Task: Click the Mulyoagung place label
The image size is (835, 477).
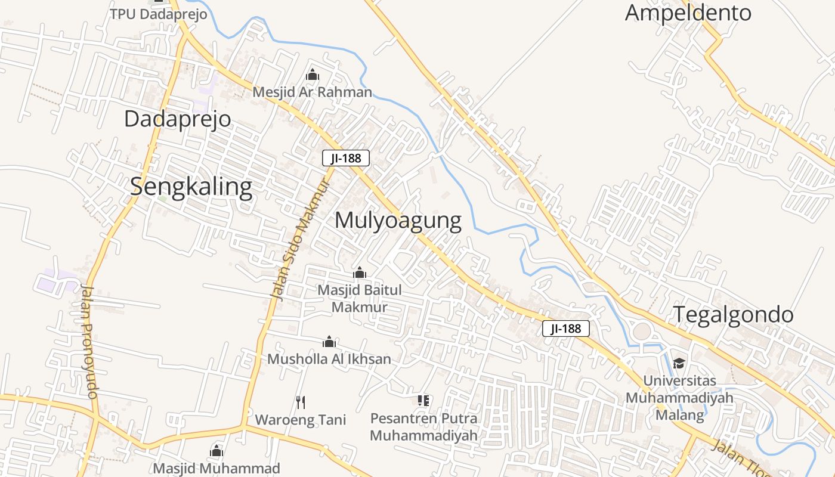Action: click(398, 221)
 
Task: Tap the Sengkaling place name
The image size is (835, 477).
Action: click(191, 187)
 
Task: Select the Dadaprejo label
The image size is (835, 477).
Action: click(177, 119)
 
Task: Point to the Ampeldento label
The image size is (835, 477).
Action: click(688, 13)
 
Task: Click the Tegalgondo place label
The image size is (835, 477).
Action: click(733, 314)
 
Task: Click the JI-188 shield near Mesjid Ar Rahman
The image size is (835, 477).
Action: click(346, 158)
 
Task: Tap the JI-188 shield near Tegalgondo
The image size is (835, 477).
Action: click(566, 329)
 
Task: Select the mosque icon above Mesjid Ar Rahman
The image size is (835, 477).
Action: click(313, 75)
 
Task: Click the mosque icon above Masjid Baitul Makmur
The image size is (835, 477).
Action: click(360, 273)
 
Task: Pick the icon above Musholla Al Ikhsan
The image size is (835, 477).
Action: click(329, 342)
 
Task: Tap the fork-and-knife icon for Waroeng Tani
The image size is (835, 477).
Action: click(301, 402)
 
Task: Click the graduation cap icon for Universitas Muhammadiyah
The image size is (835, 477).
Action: click(679, 363)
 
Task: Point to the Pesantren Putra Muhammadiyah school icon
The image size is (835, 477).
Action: click(423, 401)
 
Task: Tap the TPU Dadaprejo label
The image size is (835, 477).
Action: click(158, 14)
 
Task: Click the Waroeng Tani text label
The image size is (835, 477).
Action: click(301, 419)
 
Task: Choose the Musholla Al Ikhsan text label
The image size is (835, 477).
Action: click(329, 359)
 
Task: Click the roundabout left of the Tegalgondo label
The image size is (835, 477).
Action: click(642, 332)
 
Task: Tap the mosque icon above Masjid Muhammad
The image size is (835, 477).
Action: click(217, 451)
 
